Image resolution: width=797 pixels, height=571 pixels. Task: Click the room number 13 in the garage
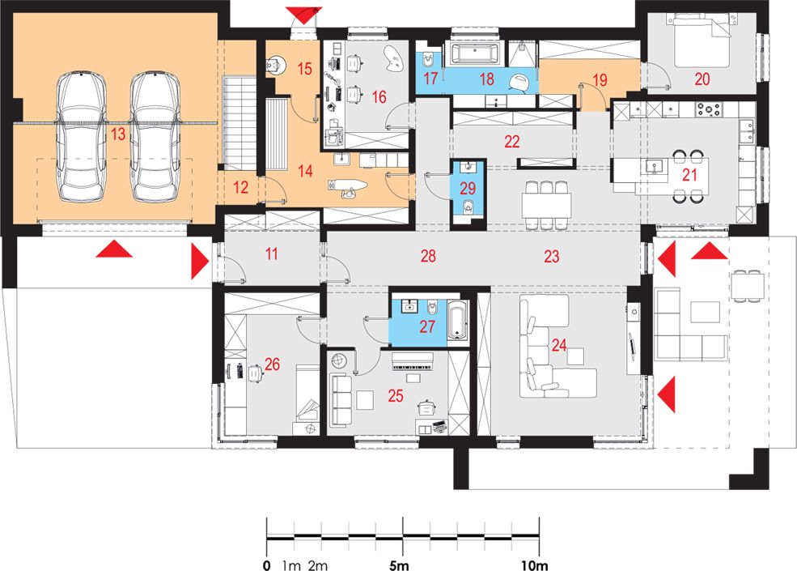(118, 134)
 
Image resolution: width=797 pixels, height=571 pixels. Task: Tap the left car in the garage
(82, 136)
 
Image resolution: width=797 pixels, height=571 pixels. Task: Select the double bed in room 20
(702, 40)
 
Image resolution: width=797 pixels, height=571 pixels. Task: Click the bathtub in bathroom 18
(473, 53)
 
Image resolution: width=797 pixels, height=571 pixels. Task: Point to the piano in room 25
(412, 362)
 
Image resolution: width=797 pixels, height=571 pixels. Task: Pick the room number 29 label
(468, 188)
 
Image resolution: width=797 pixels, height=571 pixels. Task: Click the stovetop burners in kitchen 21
(708, 109)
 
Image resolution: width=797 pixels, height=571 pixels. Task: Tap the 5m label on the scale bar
(399, 565)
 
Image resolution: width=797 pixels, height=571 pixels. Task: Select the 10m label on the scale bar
(534, 565)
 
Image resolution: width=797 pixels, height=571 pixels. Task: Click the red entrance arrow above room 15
(303, 15)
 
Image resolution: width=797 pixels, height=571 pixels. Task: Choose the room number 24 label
(559, 346)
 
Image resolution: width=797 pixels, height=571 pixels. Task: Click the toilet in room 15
(275, 64)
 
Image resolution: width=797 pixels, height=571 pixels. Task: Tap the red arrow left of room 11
(200, 262)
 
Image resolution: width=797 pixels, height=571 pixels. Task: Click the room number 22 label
(512, 142)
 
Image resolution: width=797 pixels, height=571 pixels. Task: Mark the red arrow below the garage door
(114, 249)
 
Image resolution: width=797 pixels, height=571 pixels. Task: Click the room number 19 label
(600, 80)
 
